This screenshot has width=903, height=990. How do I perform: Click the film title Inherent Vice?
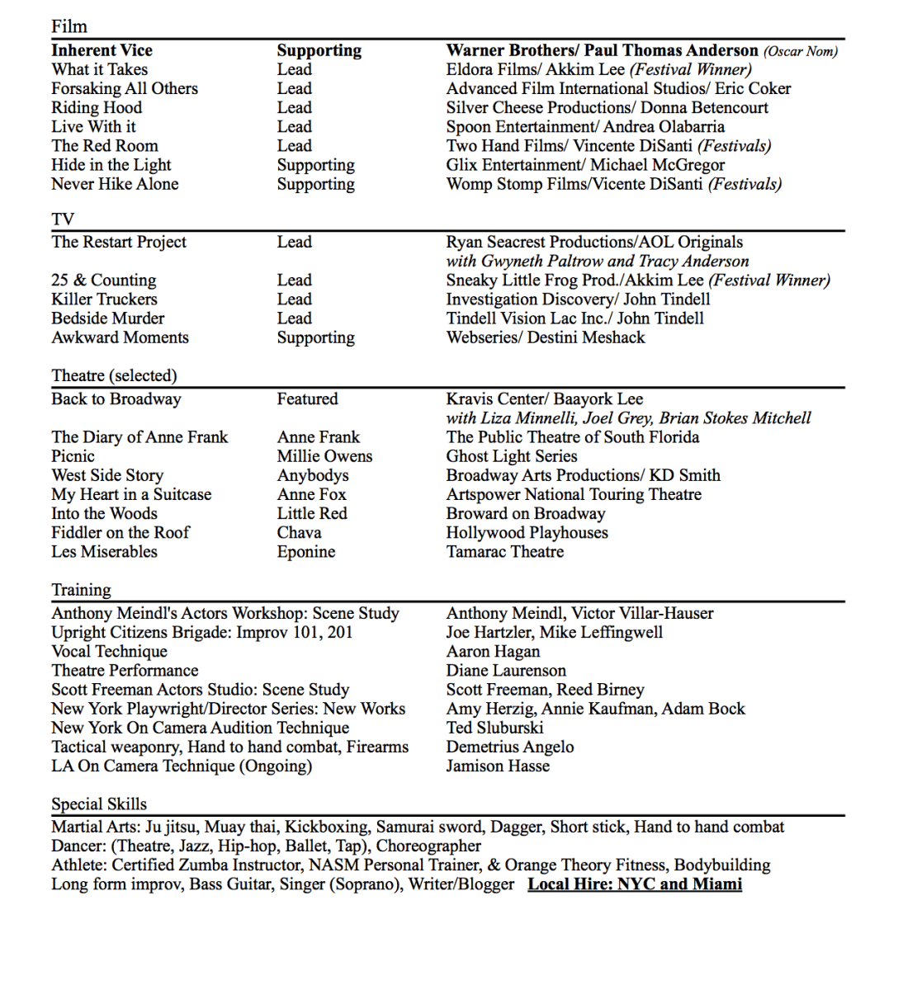tap(102, 50)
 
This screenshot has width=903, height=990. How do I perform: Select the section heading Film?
tap(69, 26)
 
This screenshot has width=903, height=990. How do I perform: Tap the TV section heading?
tap(63, 219)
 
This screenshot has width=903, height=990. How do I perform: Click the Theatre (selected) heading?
tap(114, 375)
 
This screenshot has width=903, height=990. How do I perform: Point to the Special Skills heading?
tap(99, 804)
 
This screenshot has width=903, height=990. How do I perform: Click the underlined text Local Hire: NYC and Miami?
tap(635, 884)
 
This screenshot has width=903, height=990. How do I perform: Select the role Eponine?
tap(306, 552)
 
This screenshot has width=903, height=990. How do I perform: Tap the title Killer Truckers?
tap(104, 299)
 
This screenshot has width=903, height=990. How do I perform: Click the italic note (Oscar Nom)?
tap(800, 51)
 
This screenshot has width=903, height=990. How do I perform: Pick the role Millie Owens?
tap(324, 456)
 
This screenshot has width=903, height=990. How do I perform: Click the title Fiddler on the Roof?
tap(121, 533)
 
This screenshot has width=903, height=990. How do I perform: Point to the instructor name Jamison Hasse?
tap(498, 766)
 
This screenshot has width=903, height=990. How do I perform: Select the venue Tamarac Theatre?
tap(505, 552)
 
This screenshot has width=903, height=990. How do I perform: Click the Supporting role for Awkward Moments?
tap(315, 337)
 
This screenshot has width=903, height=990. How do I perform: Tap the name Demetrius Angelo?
tap(510, 747)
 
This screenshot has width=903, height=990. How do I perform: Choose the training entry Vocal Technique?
tap(109, 652)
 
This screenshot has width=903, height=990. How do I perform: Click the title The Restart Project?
tap(119, 242)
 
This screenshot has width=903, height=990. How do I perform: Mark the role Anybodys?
tap(313, 475)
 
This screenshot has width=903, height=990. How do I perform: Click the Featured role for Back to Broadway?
tap(307, 399)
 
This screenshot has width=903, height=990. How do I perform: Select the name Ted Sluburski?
tap(494, 728)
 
